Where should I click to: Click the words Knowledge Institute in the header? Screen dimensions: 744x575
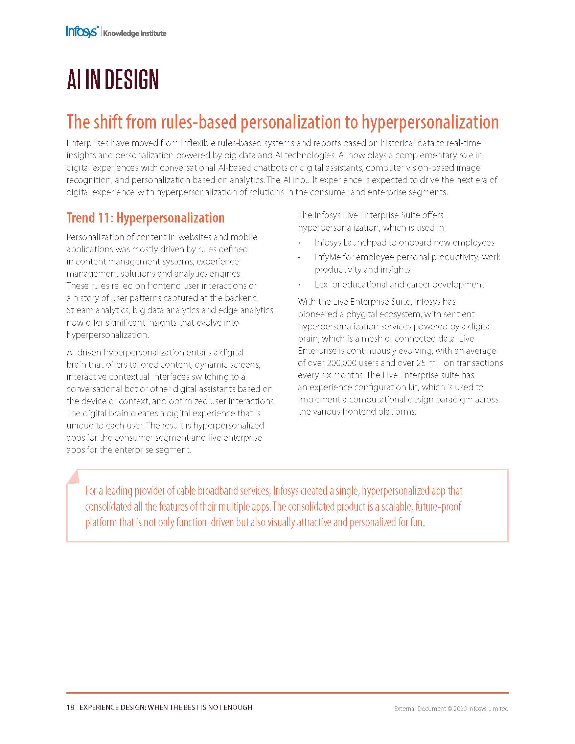tap(135, 33)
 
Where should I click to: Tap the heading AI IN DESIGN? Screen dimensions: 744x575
tap(113, 80)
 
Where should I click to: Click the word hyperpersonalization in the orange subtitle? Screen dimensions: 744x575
tap(430, 122)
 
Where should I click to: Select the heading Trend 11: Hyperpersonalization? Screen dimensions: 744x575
tap(145, 218)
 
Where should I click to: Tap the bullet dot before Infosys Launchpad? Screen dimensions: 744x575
tap(299, 243)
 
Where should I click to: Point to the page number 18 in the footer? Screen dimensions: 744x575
tap(70, 707)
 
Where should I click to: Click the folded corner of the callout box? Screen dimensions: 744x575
tap(73, 476)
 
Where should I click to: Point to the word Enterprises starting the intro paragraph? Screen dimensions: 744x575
tap(87, 143)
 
